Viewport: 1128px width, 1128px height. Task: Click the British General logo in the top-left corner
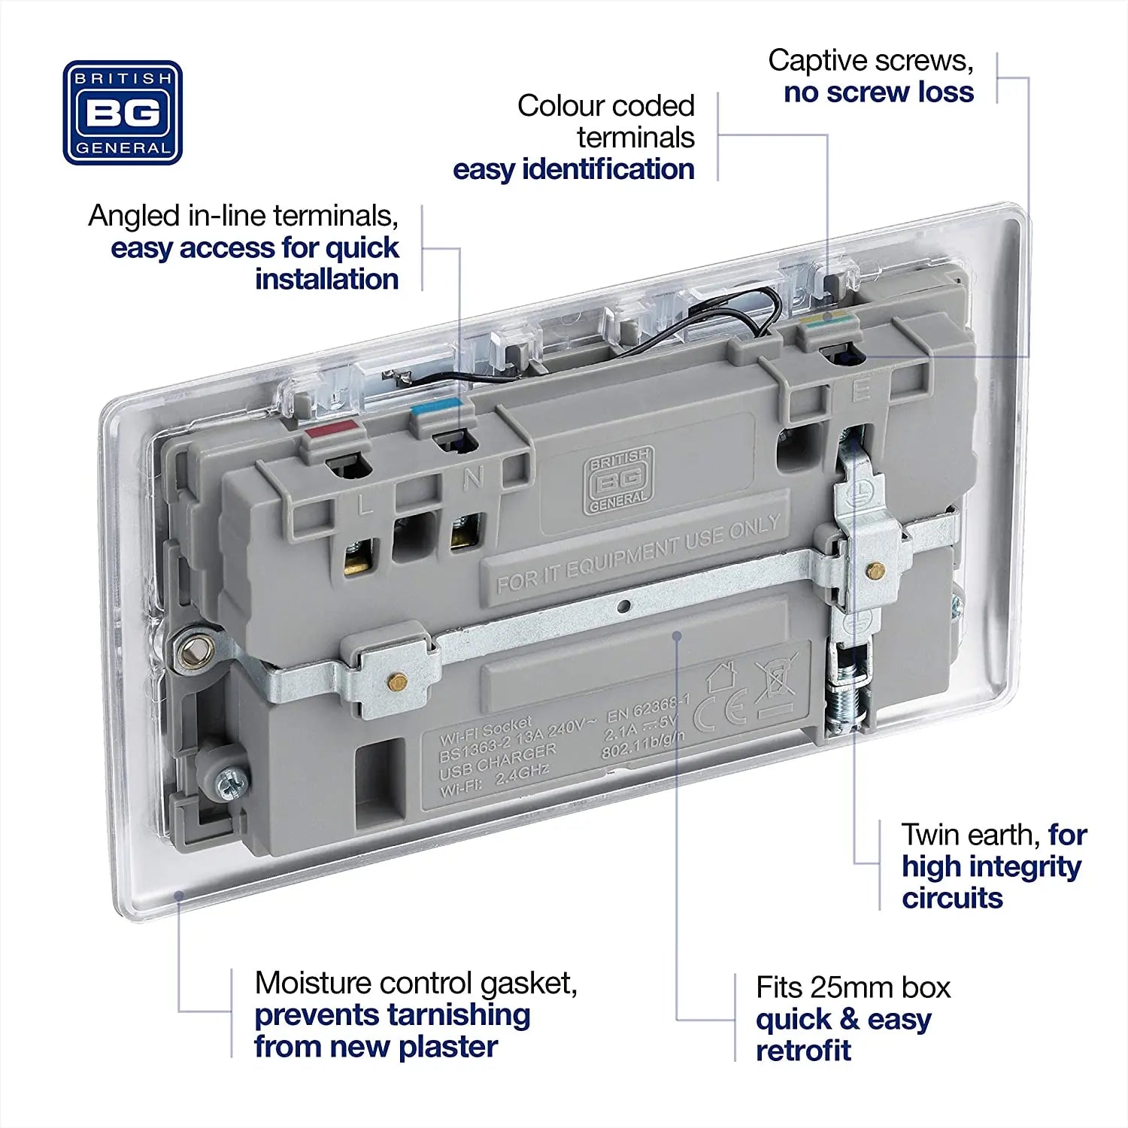tap(123, 113)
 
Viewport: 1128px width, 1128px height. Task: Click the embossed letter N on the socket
tap(472, 477)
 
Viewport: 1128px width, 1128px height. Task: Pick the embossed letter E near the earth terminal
tap(860, 390)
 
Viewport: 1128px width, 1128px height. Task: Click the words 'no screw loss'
tap(878, 92)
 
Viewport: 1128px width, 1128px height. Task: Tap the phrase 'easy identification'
tap(573, 169)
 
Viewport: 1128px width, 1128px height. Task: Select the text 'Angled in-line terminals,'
tap(243, 216)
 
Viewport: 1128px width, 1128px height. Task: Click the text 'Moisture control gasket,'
tap(416, 983)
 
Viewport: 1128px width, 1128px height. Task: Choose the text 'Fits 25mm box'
tap(853, 987)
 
